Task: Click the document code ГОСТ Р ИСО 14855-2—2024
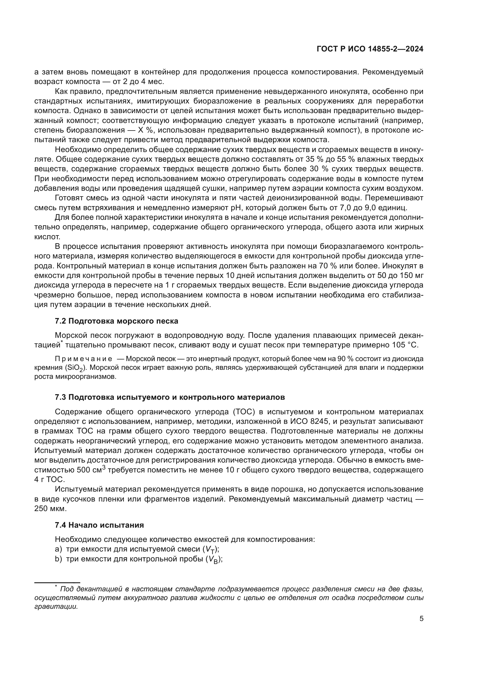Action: [x=370, y=49]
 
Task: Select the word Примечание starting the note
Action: [x=83, y=359]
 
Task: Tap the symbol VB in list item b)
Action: [x=213, y=559]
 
